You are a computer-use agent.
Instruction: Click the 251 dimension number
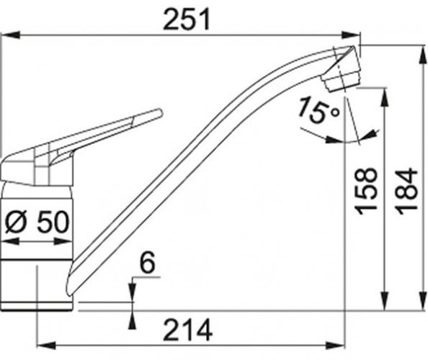(x=187, y=19)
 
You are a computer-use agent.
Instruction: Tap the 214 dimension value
(x=188, y=330)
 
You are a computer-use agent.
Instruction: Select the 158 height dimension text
(x=366, y=192)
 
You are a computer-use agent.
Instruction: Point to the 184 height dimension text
(x=406, y=192)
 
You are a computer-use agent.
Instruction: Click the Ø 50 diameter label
(x=37, y=222)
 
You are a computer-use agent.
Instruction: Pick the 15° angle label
(x=318, y=109)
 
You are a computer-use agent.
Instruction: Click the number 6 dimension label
(x=148, y=262)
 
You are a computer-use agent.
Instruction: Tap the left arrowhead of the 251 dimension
(x=10, y=35)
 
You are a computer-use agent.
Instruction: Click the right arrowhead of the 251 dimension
(x=352, y=35)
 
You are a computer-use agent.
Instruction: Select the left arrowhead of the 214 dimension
(x=46, y=346)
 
